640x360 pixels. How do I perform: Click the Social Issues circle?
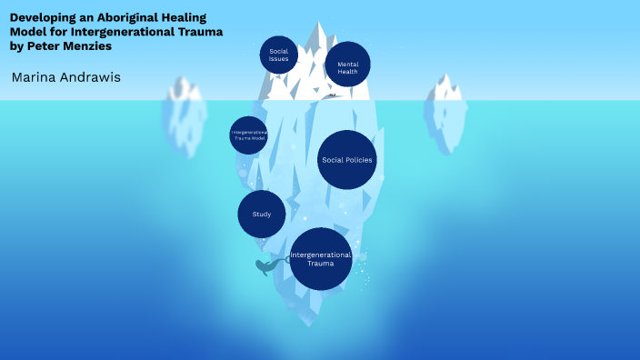pos(278,55)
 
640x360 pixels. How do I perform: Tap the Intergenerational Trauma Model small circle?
pos(248,135)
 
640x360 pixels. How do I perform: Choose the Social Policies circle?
pos(347,160)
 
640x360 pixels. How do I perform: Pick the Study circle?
pos(262,215)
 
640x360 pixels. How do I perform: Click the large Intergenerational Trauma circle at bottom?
pos(320,259)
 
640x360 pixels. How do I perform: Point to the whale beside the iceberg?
pos(266,266)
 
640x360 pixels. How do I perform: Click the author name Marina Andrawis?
pos(66,77)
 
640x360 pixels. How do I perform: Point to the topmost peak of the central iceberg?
pos(319,23)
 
